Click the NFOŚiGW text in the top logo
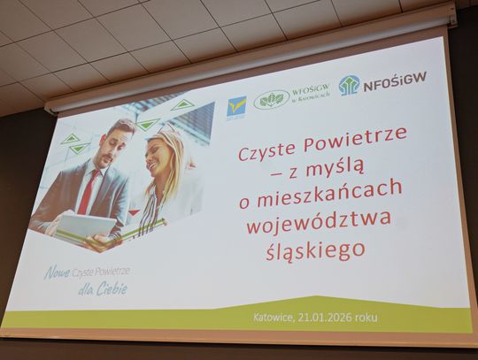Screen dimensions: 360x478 [x=395, y=79]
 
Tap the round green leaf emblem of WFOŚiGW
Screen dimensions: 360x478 [x=272, y=100]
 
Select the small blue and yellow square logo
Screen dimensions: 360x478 [x=236, y=107]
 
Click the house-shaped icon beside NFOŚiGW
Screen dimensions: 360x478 [x=349, y=85]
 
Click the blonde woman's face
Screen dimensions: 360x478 [x=166, y=158]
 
